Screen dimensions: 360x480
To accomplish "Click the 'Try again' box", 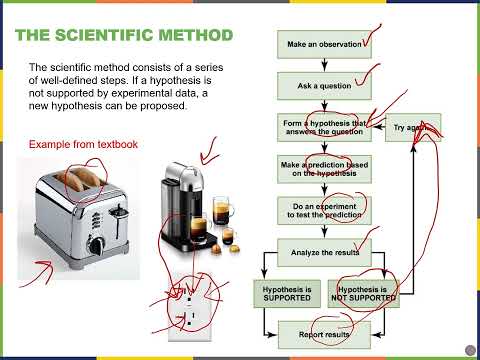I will click(413, 128).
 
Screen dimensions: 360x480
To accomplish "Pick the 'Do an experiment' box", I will click(317, 209).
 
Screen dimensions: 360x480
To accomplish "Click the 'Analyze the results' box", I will click(317, 251).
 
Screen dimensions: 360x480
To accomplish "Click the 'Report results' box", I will click(317, 333).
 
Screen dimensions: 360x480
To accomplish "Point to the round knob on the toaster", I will click(94, 245).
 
